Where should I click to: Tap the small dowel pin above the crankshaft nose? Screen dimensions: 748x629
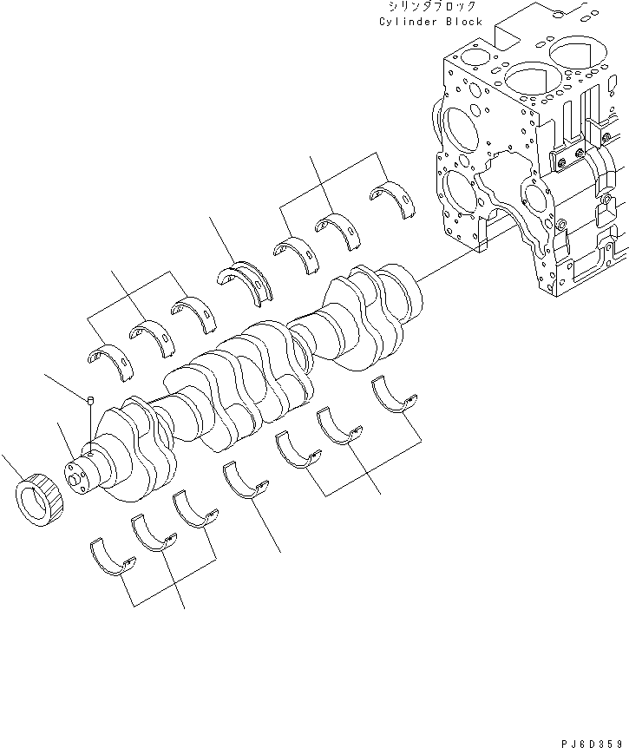[90, 400]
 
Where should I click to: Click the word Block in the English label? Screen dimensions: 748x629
[464, 22]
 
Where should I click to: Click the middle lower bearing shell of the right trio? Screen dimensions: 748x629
[337, 423]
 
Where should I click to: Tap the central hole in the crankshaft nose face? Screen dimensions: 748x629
[73, 476]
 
